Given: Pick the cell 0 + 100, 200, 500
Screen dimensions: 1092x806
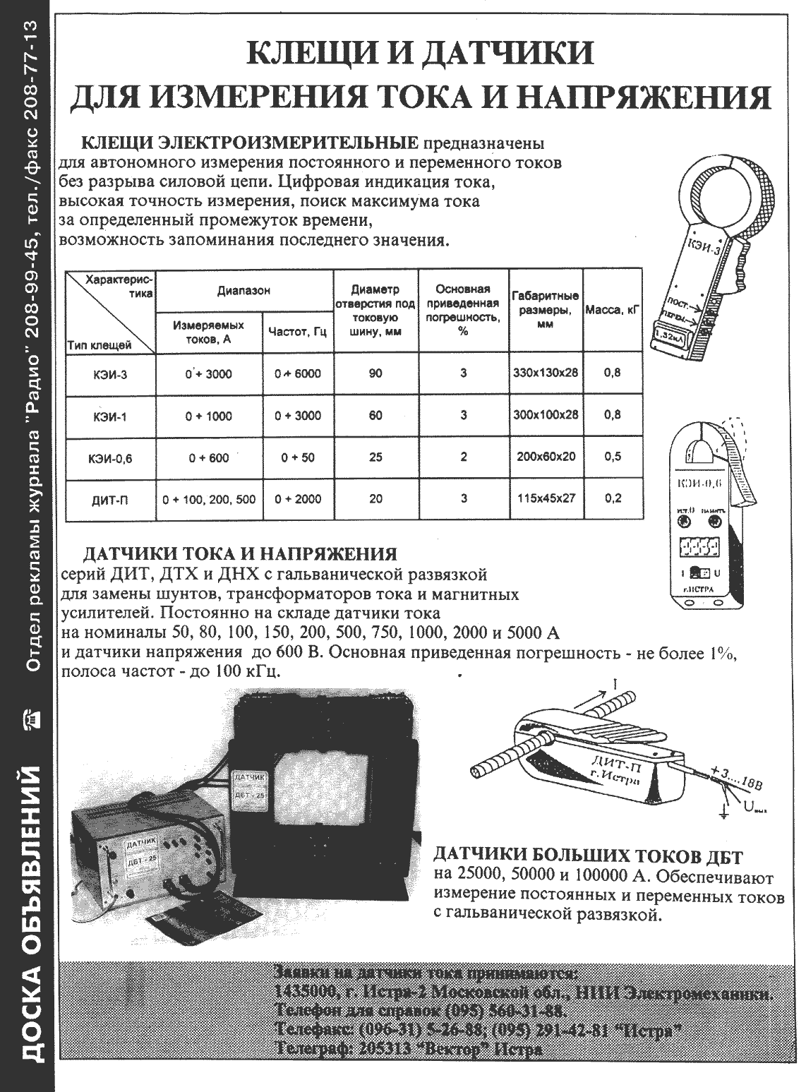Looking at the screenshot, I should click(208, 499).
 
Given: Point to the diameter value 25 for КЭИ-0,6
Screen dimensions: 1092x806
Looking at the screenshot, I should click(375, 457).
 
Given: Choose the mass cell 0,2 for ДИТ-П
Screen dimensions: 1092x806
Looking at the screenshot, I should click(613, 498).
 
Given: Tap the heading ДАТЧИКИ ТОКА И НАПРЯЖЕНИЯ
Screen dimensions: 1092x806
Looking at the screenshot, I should click(240, 553).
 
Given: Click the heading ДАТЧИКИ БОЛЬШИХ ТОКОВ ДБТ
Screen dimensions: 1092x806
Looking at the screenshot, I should click(587, 858).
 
